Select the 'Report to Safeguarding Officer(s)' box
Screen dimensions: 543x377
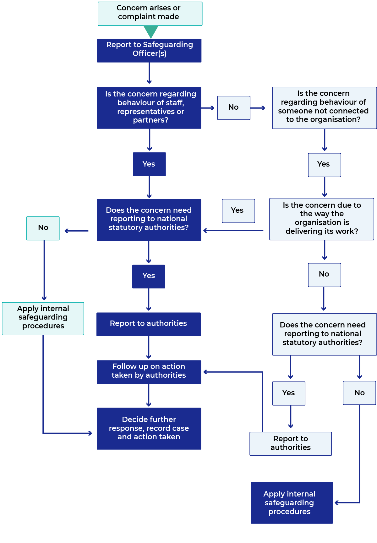pos(149,50)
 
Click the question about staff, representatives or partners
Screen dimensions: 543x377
pos(149,107)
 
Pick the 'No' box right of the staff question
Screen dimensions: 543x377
pos(233,107)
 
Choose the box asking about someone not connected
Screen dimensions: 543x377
pos(324,107)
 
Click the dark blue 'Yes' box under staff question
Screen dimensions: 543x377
pos(149,164)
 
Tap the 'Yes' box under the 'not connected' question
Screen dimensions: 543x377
pos(324,165)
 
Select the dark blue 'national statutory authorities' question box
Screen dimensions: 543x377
pos(149,220)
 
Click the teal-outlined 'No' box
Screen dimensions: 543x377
pos(43,228)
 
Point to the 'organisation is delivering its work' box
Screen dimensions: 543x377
pos(321,219)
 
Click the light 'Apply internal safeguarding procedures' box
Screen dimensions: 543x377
pos(43,318)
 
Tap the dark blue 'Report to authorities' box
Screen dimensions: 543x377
pos(149,324)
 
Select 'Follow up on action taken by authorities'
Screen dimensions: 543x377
pos(149,372)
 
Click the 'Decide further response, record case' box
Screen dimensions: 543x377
pos(149,428)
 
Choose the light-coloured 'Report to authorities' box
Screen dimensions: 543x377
pos(290,443)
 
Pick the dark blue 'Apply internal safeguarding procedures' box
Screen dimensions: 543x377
pos(292,502)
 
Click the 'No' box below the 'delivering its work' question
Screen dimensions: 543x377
pos(324,275)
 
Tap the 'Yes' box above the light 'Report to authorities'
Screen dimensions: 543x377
pos(288,393)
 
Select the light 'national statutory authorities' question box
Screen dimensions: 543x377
pos(324,334)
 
